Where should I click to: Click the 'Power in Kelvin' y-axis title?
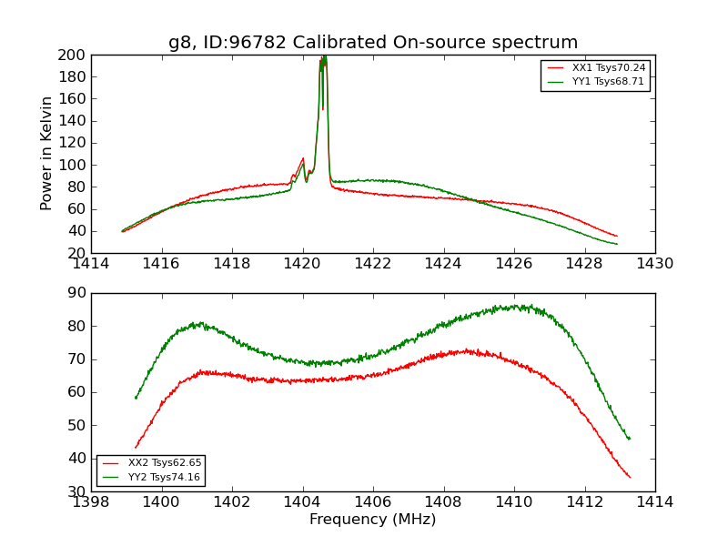pyautogui.click(x=46, y=154)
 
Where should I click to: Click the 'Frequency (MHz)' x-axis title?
pyautogui.click(x=372, y=520)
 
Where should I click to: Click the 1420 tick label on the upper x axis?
pyautogui.click(x=302, y=264)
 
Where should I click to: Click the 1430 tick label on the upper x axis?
pyautogui.click(x=654, y=264)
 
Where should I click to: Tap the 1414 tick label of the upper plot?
pyautogui.click(x=92, y=264)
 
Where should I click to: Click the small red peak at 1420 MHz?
pyautogui.click(x=303, y=158)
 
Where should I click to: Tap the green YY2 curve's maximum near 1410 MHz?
pyautogui.click(x=519, y=306)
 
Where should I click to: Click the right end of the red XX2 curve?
pyautogui.click(x=630, y=477)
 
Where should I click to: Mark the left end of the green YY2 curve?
pyautogui.click(x=136, y=398)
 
